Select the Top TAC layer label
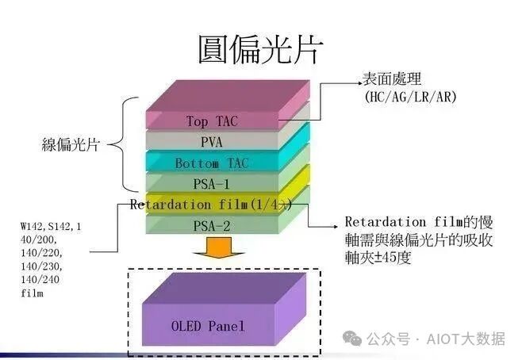(212, 121)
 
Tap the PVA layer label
(212, 143)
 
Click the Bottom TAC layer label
(212, 163)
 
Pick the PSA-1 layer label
(212, 184)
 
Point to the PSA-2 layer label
(212, 226)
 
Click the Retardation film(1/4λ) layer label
(212, 205)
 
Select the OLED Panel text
(209, 326)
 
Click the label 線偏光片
(70, 145)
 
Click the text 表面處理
(393, 81)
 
